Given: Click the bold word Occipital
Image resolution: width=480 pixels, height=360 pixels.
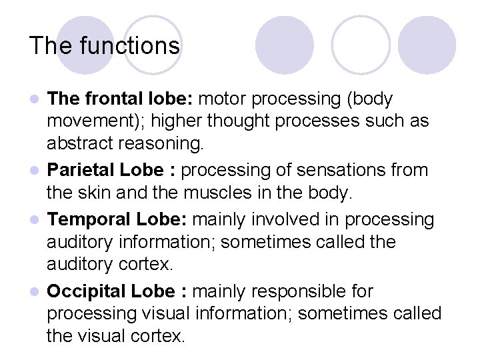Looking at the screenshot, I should pos(86,291).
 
